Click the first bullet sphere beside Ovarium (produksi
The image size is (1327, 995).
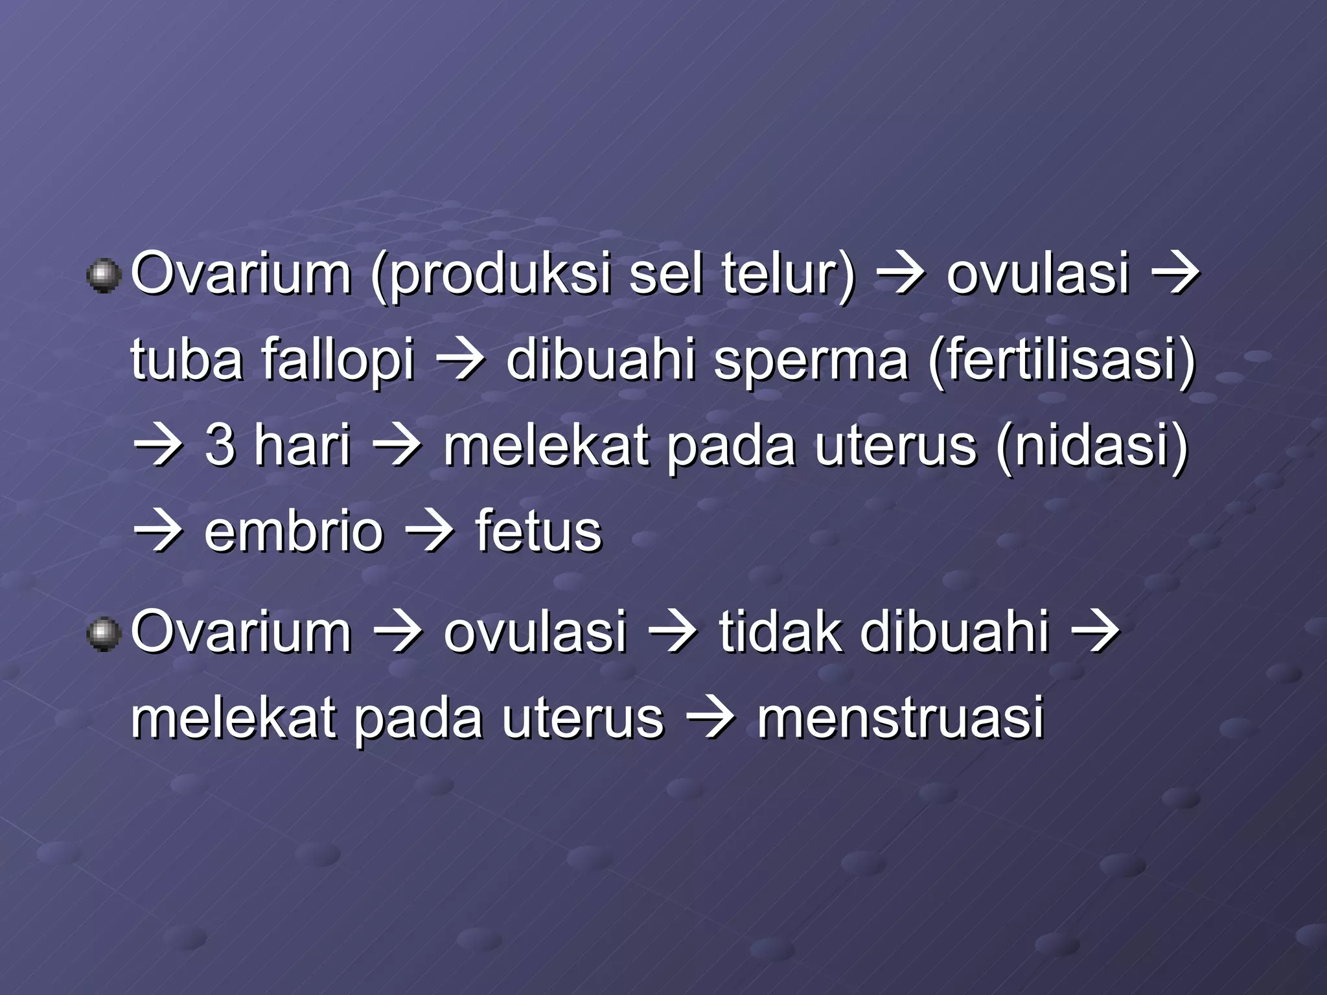tap(104, 277)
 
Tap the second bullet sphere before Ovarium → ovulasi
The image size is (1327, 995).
tap(104, 634)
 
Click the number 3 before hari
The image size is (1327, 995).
tap(220, 446)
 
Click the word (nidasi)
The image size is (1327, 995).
tap(1092, 446)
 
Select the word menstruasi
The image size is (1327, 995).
tap(901, 718)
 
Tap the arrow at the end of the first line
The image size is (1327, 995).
tap(1175, 275)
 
